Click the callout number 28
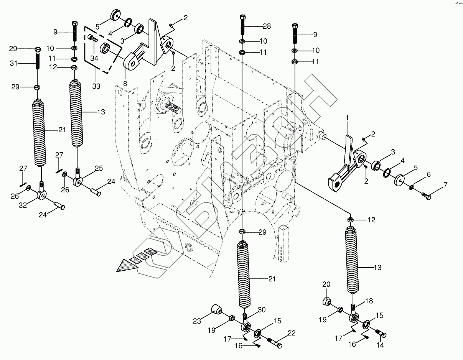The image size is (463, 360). pos(267,26)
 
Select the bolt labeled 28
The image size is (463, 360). pos(242,25)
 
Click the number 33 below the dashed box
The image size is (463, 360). pos(96,86)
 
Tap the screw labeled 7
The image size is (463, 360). pos(426,196)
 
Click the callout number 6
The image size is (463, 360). pos(428,174)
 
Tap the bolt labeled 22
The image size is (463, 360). pos(274,342)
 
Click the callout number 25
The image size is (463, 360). pos(99,168)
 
